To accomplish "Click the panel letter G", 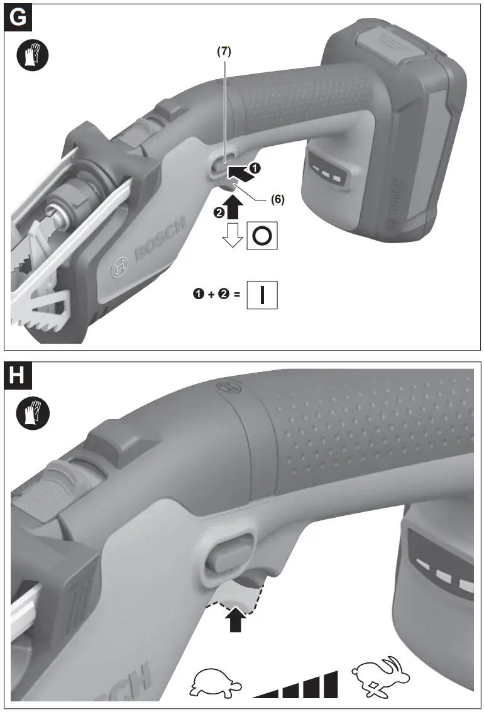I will (x=19, y=18).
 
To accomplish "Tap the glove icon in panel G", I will (x=31, y=56).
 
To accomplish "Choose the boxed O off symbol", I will (x=263, y=236).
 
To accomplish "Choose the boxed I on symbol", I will (x=262, y=295).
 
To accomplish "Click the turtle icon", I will (x=213, y=684).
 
